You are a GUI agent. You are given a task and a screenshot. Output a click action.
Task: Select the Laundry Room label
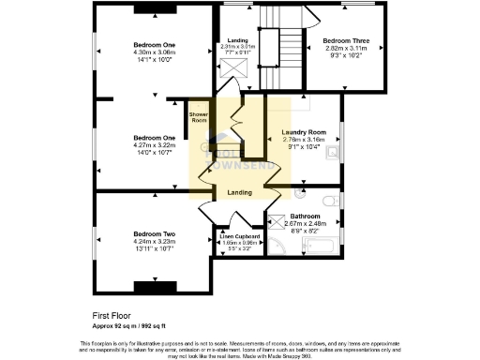click(x=301, y=132)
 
